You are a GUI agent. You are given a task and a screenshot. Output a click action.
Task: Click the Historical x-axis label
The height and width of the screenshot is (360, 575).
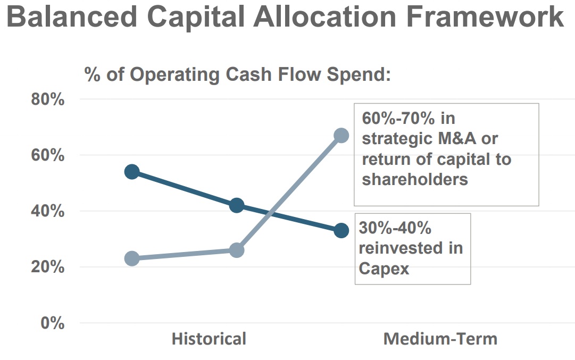click(x=209, y=339)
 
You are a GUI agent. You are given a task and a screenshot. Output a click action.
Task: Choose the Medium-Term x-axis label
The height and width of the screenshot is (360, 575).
click(x=440, y=339)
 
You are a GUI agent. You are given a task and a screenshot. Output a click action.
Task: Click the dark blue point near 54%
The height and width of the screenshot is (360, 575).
click(x=132, y=172)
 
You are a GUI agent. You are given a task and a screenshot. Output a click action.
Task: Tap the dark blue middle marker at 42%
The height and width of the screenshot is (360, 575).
click(x=237, y=205)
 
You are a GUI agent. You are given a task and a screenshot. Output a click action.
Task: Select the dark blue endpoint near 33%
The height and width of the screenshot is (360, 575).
click(x=341, y=230)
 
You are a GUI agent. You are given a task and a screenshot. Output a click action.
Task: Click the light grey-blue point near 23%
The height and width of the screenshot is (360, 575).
click(x=132, y=258)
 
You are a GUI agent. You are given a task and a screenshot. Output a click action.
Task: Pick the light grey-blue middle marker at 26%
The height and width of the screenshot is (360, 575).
click(x=237, y=250)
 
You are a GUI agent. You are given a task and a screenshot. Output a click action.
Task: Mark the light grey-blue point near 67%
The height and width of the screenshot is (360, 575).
click(x=341, y=136)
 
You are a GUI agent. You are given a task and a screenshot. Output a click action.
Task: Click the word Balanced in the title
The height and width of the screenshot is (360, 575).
click(x=72, y=18)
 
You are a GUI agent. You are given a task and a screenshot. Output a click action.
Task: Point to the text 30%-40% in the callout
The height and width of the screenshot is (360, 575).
click(x=395, y=228)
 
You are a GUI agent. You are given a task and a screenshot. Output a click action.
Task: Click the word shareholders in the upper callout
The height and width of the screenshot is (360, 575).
click(x=415, y=179)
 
